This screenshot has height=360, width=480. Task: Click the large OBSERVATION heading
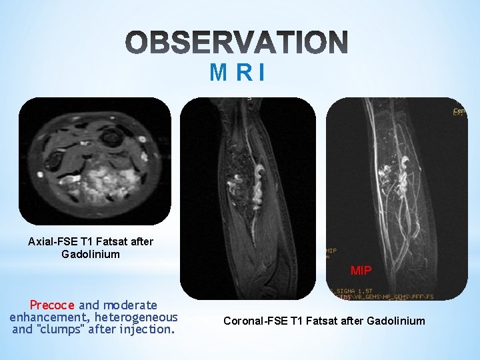(x=237, y=42)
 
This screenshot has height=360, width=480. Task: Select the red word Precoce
(x=53, y=305)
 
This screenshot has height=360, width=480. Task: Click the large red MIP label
(x=362, y=270)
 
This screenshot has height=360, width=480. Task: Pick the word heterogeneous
(x=139, y=317)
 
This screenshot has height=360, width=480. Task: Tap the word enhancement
(x=51, y=317)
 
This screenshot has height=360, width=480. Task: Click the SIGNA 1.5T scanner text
(x=356, y=291)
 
